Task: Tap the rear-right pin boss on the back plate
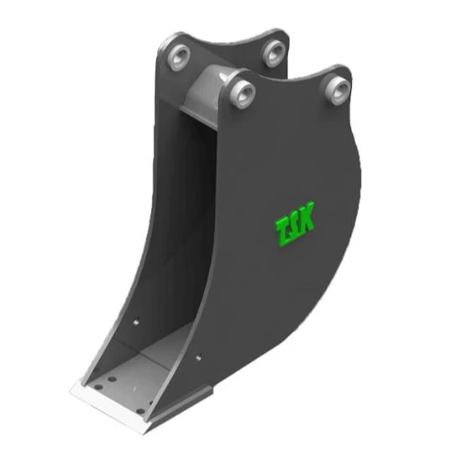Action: click(x=273, y=51)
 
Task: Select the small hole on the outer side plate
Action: click(x=198, y=358)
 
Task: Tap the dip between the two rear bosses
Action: click(x=225, y=42)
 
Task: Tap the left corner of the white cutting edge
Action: click(x=72, y=388)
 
